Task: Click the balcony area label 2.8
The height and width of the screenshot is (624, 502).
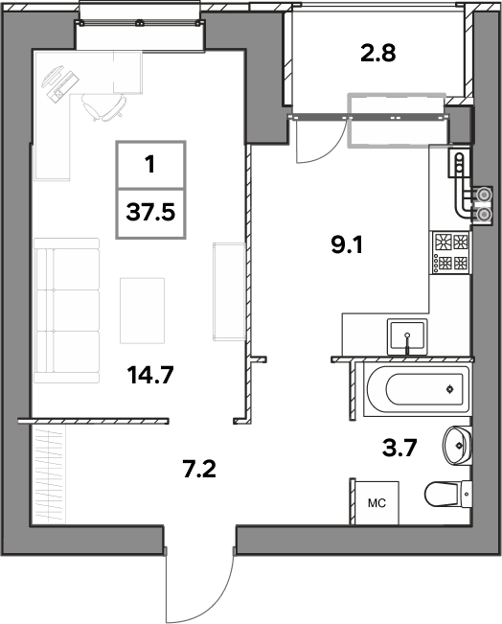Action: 377,54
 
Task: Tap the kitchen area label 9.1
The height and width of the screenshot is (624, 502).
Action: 347,245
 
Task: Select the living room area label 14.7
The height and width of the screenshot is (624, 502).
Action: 150,375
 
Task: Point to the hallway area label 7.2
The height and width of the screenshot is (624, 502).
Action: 199,469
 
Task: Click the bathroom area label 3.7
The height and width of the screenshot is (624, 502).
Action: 399,449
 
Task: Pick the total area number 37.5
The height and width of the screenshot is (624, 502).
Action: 150,212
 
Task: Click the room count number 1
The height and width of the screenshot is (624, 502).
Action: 150,164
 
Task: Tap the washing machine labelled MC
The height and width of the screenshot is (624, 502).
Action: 376,503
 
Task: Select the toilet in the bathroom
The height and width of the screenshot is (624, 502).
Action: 448,495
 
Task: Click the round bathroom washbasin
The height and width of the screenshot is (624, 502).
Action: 457,445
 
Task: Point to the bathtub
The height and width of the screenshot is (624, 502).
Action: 417,389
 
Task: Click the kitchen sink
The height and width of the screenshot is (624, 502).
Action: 407,336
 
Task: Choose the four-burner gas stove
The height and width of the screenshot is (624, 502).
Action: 451,253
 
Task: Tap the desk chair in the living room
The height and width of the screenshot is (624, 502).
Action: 104,106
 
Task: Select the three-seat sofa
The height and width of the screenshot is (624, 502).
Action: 66,311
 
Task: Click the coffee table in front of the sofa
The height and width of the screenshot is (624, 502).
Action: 143,311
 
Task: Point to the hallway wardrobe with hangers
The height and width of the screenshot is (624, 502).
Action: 49,474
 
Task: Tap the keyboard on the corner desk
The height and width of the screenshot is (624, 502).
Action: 63,84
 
